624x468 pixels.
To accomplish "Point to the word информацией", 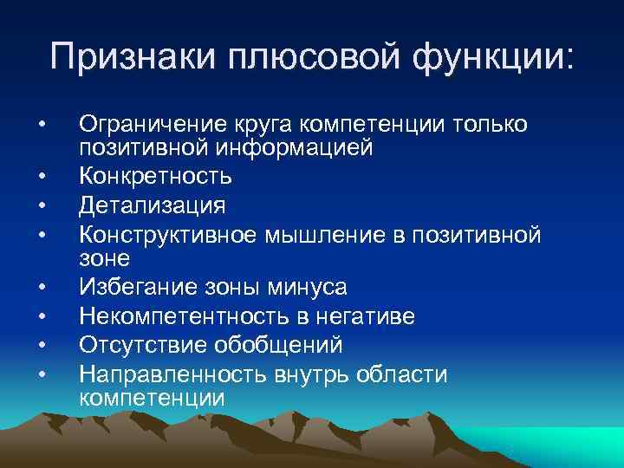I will coord(295,148).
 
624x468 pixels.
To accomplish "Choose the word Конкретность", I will coord(156,177).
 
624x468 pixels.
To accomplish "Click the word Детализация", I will coord(153,205).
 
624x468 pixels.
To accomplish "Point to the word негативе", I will coord(365,317).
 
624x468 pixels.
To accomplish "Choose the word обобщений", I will coord(285,345).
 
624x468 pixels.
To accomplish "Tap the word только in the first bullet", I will coord(490,125).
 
